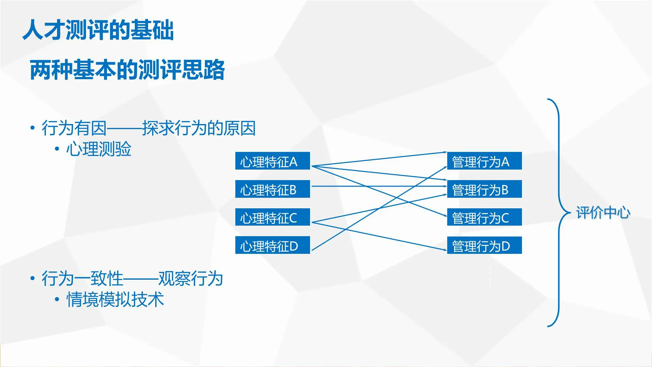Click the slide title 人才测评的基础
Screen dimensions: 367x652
click(98, 30)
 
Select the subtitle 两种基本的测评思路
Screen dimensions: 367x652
click(127, 70)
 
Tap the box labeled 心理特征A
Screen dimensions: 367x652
click(272, 161)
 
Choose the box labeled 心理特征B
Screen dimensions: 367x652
click(272, 189)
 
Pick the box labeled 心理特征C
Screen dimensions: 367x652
click(272, 217)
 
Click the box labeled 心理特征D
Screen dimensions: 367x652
click(272, 245)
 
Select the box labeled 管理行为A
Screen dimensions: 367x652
click(484, 161)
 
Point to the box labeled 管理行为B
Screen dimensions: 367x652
click(484, 189)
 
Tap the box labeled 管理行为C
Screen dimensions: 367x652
click(484, 217)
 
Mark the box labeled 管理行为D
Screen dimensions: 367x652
click(484, 245)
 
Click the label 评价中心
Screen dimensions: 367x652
click(603, 213)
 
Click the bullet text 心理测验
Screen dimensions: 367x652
click(98, 149)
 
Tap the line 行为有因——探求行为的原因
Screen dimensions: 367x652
click(148, 128)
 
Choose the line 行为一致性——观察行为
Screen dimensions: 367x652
click(132, 279)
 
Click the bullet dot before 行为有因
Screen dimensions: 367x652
click(32, 128)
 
